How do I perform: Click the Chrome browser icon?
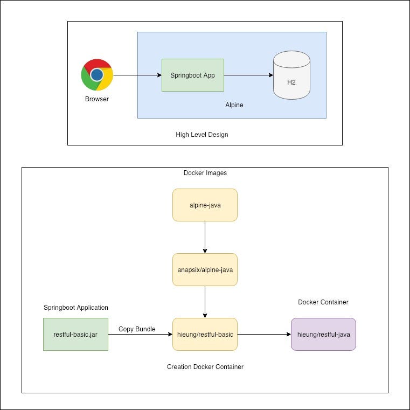[97, 75]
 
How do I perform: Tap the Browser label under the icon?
[97, 99]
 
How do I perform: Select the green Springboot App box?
[192, 75]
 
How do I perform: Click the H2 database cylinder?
[291, 75]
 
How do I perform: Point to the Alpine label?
[234, 105]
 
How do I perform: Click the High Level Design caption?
[202, 135]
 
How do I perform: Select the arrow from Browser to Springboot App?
[137, 75]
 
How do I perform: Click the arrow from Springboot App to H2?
[248, 75]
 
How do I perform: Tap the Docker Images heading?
[205, 173]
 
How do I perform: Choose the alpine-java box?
[205, 205]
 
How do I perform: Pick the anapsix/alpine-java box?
[205, 269]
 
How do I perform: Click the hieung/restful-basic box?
[205, 335]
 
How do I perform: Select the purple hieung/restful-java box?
[323, 335]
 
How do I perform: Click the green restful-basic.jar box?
[75, 335]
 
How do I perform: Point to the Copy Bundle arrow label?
[137, 329]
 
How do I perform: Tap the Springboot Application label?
[76, 308]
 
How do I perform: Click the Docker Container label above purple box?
[323, 302]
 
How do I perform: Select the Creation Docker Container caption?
[205, 367]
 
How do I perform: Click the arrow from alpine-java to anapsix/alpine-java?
[205, 237]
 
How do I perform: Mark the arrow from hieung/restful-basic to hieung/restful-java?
[264, 335]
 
